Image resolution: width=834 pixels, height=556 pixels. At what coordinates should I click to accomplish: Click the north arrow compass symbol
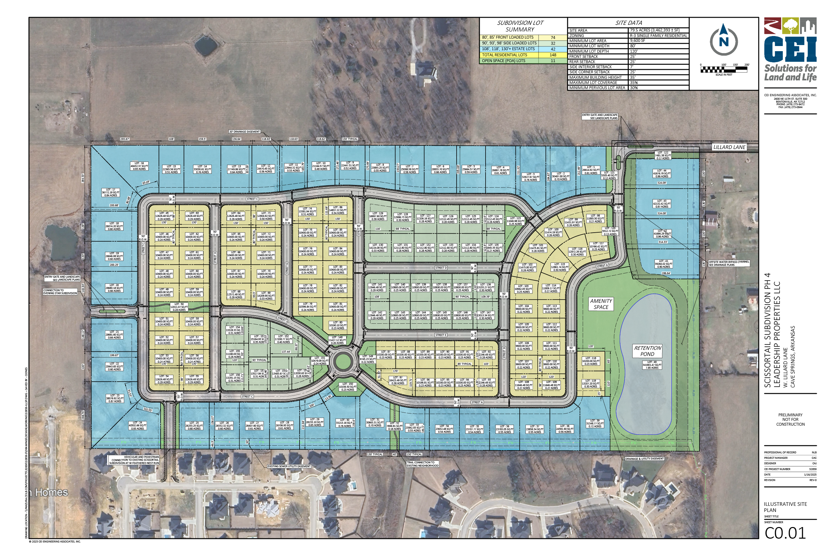pos(723,41)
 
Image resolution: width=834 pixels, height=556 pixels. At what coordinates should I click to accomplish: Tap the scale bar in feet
pos(723,69)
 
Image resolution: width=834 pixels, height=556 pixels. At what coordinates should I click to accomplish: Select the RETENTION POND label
pos(647,351)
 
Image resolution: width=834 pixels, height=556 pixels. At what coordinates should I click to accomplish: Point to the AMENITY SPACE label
pos(601,304)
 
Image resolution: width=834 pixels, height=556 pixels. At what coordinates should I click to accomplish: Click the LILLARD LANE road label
pos(729,147)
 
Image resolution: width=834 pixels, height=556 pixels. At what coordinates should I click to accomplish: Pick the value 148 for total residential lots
pos(553,55)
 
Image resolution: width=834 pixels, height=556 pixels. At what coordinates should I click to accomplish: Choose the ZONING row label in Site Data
pos(577,35)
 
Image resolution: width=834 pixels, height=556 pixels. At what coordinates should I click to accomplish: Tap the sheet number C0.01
pos(785,533)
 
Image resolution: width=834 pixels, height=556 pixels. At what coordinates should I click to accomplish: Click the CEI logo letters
pos(790,49)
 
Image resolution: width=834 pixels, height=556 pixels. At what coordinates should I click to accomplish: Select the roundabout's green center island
pos(342,362)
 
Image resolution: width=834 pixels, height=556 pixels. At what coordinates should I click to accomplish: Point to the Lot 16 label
pos(139,166)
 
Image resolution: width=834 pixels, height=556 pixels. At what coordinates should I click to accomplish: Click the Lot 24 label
pos(138,425)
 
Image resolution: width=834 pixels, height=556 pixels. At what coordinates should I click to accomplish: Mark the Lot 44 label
pos(662,173)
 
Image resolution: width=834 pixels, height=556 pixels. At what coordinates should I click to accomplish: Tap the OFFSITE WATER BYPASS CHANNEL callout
pos(729,263)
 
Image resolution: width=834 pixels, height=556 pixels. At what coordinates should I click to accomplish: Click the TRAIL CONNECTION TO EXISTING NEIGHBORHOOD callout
pos(422,464)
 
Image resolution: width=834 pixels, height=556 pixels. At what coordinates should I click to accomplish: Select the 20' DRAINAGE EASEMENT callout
pos(244,132)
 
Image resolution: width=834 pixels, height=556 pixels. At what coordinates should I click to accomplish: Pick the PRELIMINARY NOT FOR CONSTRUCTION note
pos(790,420)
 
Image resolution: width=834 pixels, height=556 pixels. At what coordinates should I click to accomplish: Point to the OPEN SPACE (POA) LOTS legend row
pos(503,60)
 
